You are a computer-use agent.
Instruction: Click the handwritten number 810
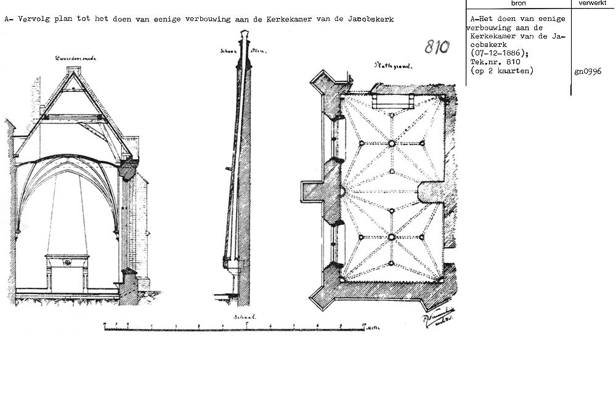click(437, 47)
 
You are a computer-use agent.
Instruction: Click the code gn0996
click(588, 71)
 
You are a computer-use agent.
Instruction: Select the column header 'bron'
click(518, 4)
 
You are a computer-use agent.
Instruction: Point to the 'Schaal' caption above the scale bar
click(245, 317)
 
